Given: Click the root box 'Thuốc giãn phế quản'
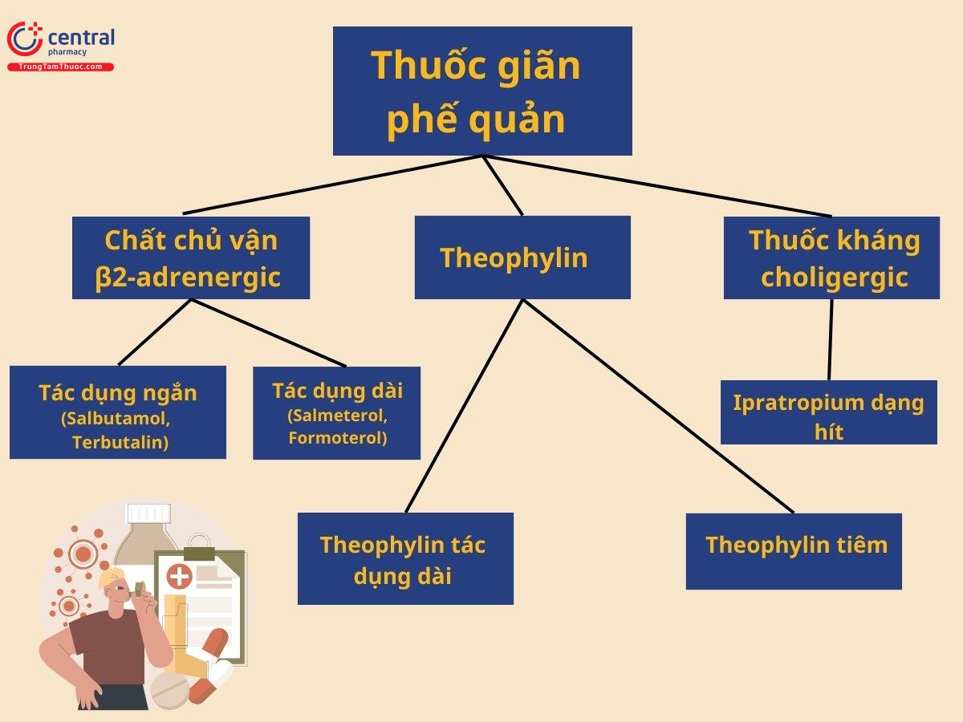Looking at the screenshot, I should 482,91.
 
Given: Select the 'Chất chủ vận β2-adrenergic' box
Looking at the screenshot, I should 191,258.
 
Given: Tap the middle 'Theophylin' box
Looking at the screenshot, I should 522,258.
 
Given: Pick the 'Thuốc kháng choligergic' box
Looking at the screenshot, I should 831,258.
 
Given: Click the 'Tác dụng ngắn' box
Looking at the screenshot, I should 118,412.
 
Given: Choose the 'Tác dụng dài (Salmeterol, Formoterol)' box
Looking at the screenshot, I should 336,413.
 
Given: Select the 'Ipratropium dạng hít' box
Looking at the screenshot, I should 828,412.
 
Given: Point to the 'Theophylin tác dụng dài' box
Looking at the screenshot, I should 405,558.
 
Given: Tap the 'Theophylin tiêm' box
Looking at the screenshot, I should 794,551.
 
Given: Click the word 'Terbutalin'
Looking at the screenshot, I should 120,443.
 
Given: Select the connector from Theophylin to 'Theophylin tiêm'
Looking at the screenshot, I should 658,406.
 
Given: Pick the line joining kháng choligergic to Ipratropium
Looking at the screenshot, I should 831,339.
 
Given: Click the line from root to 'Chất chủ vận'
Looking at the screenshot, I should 333,184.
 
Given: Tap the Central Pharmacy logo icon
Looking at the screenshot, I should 25,39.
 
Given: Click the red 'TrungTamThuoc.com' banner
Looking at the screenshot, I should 60,67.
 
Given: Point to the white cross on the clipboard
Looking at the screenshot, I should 179,575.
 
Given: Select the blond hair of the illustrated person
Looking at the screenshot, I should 116,576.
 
